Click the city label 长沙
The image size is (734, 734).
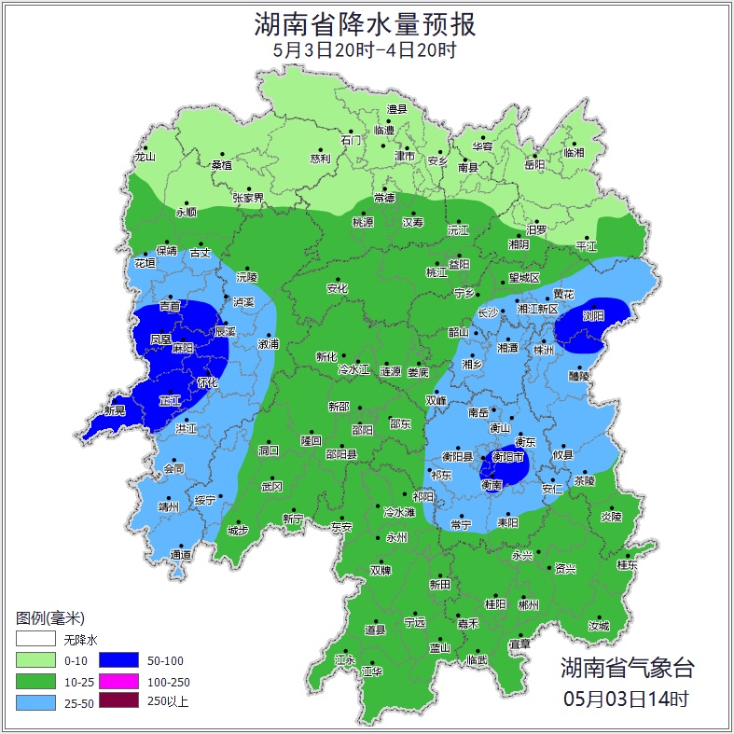[488, 313]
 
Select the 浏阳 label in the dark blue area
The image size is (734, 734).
[593, 316]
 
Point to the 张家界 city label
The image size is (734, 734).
[249, 198]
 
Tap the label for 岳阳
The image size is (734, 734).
[533, 165]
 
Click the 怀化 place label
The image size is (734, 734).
[207, 382]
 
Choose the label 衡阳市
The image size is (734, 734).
[510, 457]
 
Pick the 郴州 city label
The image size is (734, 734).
[529, 604]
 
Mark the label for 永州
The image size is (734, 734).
[396, 538]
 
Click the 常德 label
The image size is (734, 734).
[384, 198]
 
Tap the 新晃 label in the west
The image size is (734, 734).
[115, 410]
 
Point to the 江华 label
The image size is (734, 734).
[372, 672]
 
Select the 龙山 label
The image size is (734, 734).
[145, 157]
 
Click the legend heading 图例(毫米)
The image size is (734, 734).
[50, 618]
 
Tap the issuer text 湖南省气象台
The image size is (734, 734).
[627, 667]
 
